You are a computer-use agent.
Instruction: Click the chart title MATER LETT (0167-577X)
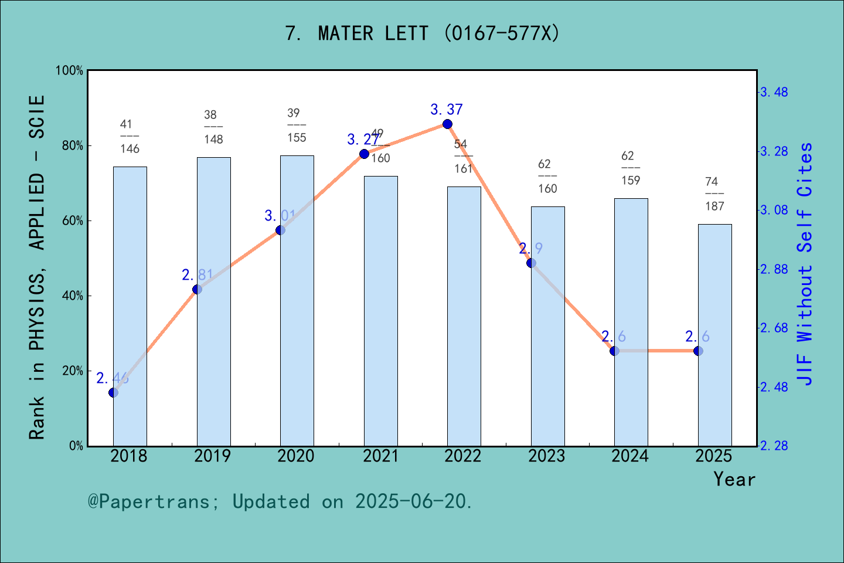pos(422,33)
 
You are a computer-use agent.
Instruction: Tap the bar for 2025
pos(714,335)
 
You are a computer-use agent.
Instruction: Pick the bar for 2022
pos(464,316)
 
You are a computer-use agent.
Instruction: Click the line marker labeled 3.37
pos(447,124)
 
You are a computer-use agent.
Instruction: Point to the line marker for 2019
pos(197,289)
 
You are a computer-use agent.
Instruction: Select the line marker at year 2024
pos(614,351)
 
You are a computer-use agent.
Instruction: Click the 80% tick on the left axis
pos(73,145)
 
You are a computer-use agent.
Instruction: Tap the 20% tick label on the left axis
pos(73,371)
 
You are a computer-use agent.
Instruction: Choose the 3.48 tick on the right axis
pos(774,92)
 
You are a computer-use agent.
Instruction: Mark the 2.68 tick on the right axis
pos(774,328)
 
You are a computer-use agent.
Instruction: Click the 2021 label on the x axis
pos(380,456)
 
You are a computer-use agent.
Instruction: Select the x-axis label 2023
pos(547,456)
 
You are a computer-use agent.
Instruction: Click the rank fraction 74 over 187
pos(714,194)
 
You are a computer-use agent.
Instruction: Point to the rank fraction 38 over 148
pos(213,127)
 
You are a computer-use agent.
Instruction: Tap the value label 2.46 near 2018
pos(113,378)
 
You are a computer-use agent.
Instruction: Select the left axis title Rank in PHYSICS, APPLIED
pos(37,267)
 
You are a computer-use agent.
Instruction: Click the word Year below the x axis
pos(734,480)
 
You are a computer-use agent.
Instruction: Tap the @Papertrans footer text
pos(280,501)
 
